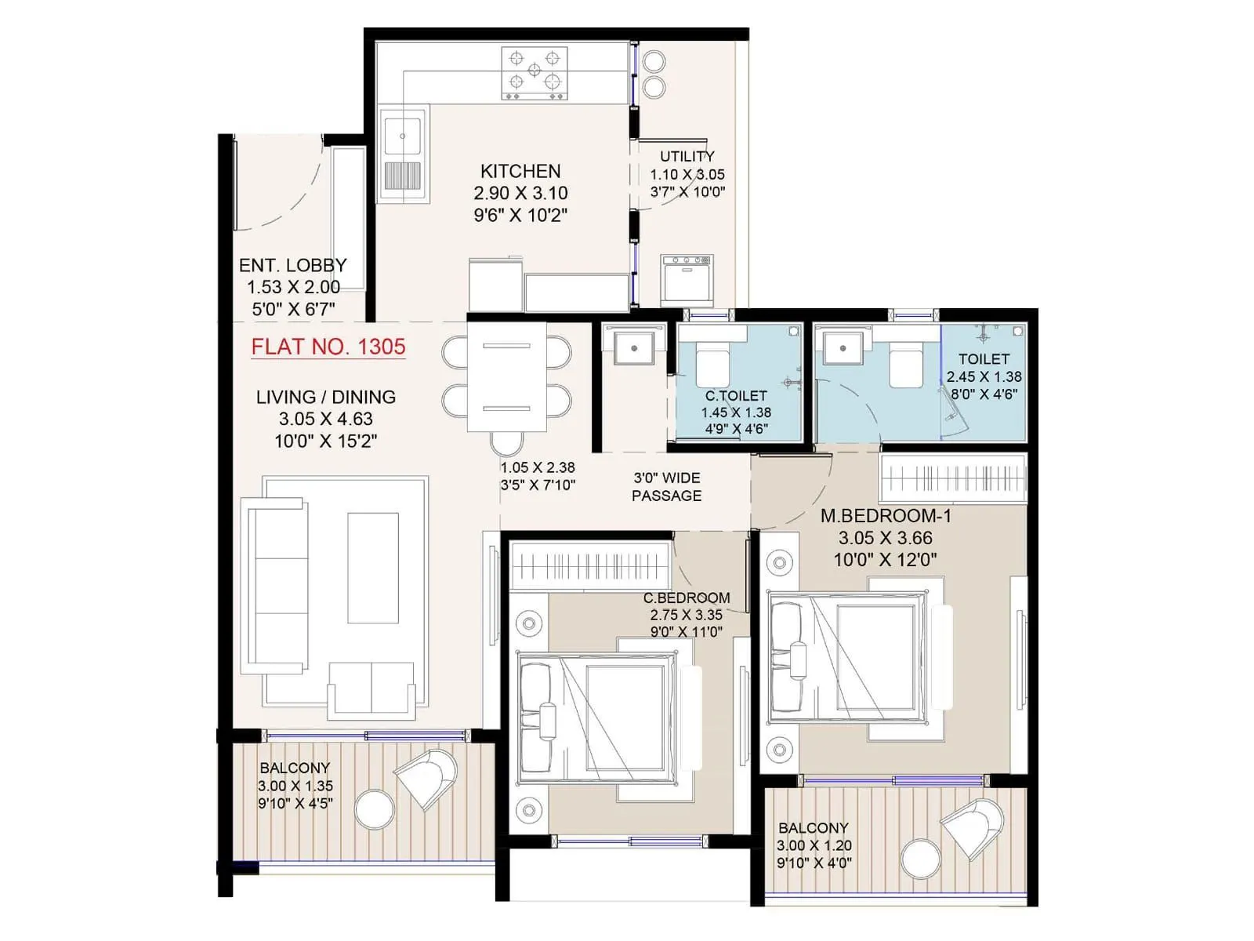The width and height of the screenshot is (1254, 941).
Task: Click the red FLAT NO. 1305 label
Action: tap(328, 347)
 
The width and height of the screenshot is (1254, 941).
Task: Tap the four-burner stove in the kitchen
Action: tap(535, 73)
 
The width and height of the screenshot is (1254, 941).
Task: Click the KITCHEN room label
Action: tap(520, 171)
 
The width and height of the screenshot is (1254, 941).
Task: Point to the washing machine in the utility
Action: tap(687, 280)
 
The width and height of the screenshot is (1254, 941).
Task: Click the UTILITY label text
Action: tap(687, 156)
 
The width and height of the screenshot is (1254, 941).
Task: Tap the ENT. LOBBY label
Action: tap(292, 265)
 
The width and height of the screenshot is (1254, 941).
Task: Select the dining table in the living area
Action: tap(507, 376)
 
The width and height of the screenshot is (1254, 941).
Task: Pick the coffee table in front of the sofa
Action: tap(372, 568)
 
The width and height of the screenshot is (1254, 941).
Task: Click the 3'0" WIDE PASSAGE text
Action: tap(666, 486)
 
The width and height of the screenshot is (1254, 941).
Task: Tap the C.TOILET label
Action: tap(736, 396)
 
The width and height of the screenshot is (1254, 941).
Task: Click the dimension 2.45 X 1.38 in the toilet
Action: tap(984, 376)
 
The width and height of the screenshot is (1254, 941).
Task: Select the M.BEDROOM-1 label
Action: tap(886, 516)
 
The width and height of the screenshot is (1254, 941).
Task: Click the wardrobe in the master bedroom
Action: tap(952, 478)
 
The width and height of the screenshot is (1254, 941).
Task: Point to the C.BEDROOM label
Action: tap(687, 598)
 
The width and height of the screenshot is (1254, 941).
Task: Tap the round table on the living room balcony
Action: tap(375, 808)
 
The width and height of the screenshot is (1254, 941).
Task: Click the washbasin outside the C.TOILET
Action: tap(633, 345)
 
